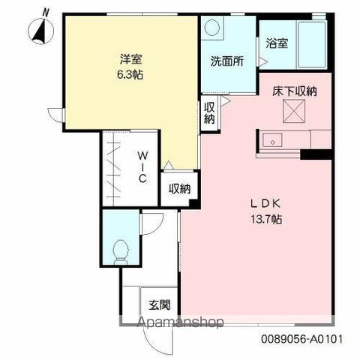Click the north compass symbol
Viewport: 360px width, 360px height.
click(40, 30)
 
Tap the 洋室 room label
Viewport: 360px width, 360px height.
click(131, 59)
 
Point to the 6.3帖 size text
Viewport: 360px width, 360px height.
click(130, 74)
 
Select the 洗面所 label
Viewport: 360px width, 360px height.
click(227, 61)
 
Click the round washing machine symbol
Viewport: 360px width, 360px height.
click(212, 27)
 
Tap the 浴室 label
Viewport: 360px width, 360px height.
click(277, 43)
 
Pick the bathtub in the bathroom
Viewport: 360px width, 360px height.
click(312, 44)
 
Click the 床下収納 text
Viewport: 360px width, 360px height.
click(295, 91)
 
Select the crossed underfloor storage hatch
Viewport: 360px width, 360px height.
click(294, 111)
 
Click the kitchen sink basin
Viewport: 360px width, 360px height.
click(272, 140)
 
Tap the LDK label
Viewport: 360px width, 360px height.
click(265, 204)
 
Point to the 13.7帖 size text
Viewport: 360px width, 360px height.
click(266, 219)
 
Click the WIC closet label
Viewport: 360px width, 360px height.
click(142, 167)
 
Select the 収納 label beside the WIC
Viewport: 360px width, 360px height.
click(180, 189)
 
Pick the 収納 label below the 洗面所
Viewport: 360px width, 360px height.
click(209, 113)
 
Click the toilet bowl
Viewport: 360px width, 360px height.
click(121, 250)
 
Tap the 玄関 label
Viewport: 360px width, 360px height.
click(160, 304)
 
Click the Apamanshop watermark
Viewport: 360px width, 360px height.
click(181, 322)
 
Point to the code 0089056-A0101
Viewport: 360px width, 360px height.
click(301, 339)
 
